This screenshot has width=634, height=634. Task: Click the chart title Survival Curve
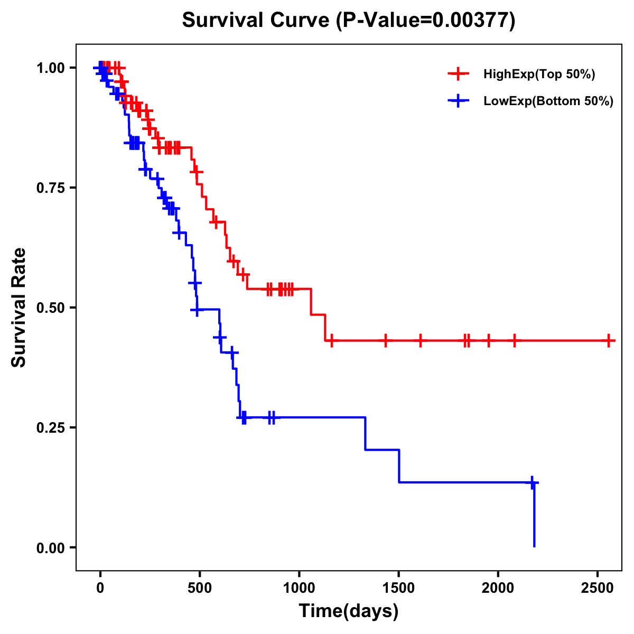[348, 21]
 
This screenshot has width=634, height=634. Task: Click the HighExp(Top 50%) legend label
[539, 74]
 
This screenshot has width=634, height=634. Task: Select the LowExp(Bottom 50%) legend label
[548, 101]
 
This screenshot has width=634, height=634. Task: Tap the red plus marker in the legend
[458, 74]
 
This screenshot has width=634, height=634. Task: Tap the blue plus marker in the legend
[458, 101]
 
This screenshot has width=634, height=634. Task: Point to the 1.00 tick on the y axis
[50, 68]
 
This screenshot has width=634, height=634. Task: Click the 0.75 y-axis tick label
[50, 188]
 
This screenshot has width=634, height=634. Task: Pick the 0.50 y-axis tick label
[50, 308]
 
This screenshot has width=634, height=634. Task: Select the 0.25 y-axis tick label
[50, 428]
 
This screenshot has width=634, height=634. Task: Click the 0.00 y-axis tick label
[50, 548]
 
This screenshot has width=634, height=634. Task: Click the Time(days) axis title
[349, 611]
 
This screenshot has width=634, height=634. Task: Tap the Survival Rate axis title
[19, 307]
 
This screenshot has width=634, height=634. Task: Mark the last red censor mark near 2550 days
[609, 341]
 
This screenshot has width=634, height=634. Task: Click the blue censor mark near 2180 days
[533, 482]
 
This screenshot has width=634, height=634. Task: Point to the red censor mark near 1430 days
[386, 341]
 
